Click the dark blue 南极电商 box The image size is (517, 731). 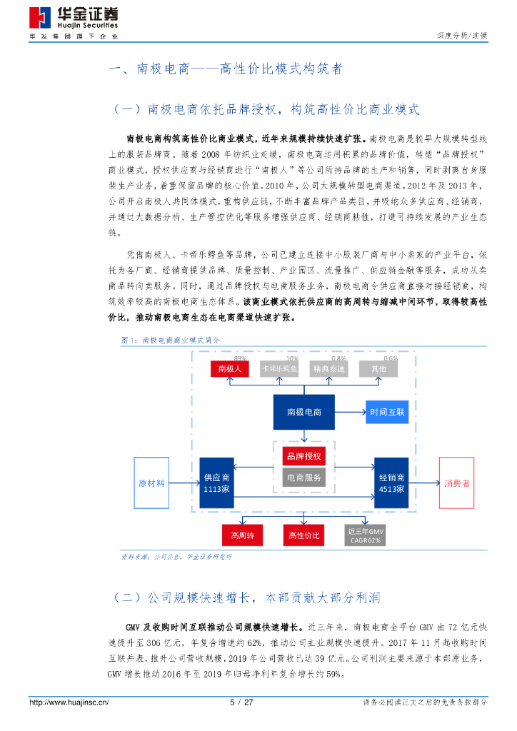point(303,412)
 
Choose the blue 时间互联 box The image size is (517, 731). point(387,412)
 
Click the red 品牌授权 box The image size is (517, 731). point(303,456)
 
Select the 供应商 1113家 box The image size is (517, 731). point(216,483)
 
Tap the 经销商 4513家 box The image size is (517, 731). point(391,483)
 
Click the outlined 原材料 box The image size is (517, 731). point(151,483)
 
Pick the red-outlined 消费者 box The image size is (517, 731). point(457,483)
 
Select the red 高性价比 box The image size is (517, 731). point(303,535)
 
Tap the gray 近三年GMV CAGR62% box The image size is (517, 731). point(366,535)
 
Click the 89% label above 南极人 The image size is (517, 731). point(240,358)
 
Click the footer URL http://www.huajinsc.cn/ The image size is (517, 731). point(69,702)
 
